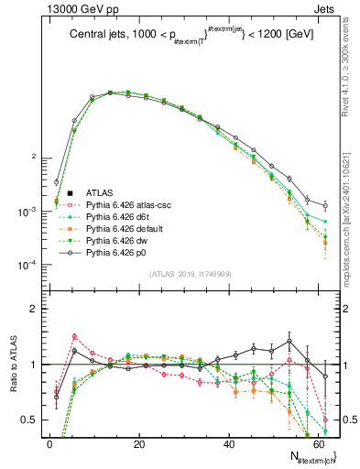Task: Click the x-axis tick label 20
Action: tap(139, 444)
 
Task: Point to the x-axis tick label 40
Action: tap(228, 444)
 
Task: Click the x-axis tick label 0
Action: tap(50, 444)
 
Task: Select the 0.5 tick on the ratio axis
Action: tap(29, 420)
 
